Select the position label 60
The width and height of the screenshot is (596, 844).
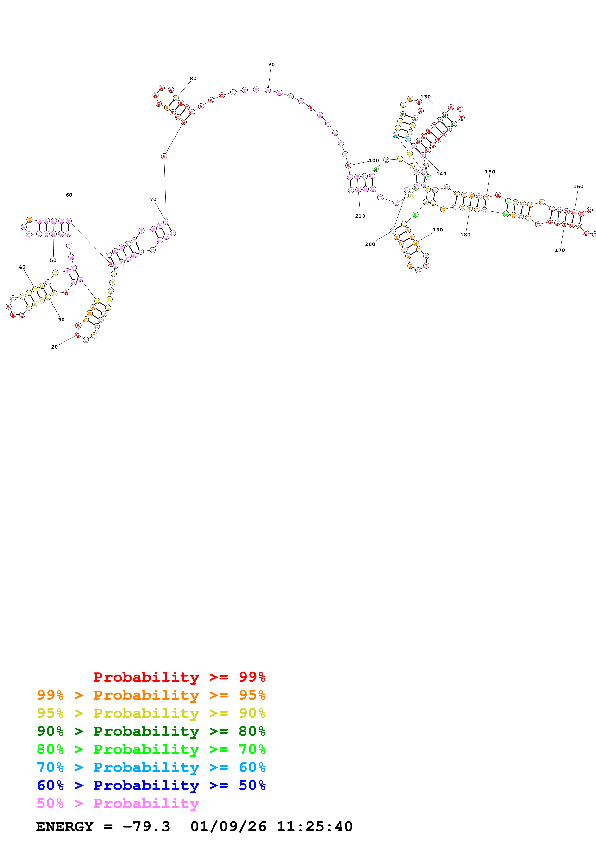click(69, 195)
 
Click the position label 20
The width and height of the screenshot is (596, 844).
click(54, 347)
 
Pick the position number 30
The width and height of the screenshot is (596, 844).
click(61, 320)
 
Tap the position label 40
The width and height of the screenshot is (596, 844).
click(22, 267)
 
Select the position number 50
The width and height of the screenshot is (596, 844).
click(53, 260)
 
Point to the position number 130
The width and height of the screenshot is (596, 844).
click(426, 97)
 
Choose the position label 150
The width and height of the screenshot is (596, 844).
click(490, 172)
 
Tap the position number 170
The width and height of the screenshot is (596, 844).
click(560, 250)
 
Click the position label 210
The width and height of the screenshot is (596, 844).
click(360, 216)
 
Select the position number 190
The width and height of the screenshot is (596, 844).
click(438, 230)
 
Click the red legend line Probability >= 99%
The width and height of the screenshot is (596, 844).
click(179, 677)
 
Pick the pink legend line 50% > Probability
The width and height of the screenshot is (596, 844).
click(118, 804)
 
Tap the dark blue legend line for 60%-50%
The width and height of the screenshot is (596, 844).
click(151, 785)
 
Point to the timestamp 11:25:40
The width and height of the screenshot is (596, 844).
click(314, 826)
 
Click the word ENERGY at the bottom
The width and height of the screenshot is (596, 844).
click(65, 826)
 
